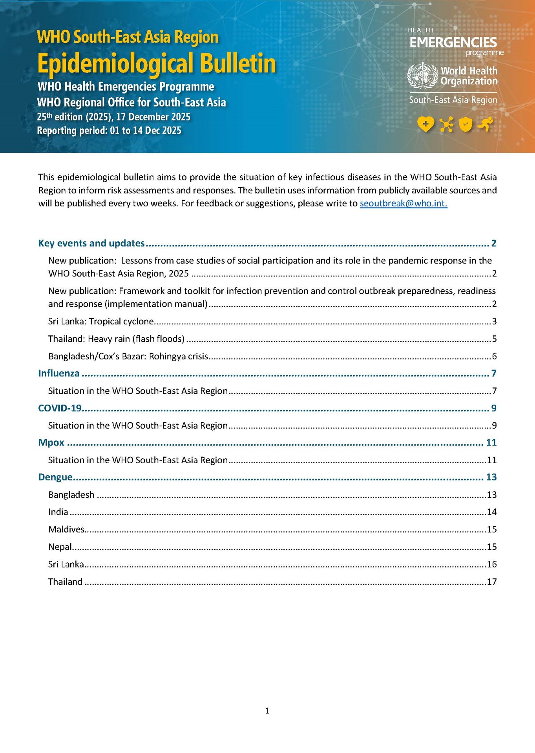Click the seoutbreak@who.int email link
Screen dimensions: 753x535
pos(403,204)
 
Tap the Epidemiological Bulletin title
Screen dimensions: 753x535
pos(156,63)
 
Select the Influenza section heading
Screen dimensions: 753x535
pos(59,373)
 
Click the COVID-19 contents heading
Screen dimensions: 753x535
pos(60,408)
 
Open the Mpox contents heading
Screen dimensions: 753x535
pos(51,442)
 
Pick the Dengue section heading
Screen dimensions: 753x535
pos(55,477)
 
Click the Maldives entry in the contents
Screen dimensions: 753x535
pos(66,529)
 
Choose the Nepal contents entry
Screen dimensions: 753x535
pos(60,546)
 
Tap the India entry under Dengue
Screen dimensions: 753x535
pos(58,512)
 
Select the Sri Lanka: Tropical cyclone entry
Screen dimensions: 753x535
pos(101,321)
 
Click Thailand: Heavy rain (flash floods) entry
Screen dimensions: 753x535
pos(116,338)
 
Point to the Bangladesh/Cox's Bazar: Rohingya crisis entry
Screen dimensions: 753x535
pos(128,356)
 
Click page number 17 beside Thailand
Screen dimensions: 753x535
pos(492,582)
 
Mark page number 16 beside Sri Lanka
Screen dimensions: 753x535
pos(492,564)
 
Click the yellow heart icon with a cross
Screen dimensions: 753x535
pos(425,125)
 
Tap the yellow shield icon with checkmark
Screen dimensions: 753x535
pos(466,125)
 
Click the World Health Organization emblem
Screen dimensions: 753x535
pos(422,76)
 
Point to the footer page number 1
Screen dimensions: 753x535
pos(267,711)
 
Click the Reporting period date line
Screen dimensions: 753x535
pos(109,131)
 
